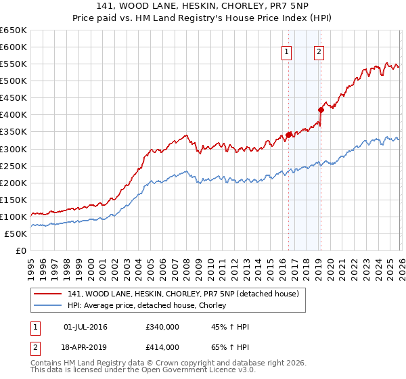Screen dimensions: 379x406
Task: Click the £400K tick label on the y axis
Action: (x=13, y=114)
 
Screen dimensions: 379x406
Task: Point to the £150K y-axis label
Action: (x=13, y=200)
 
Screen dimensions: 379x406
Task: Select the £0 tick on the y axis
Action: (x=21, y=250)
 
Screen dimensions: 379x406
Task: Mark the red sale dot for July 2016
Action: (x=288, y=135)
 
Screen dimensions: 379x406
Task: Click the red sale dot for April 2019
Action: (x=321, y=110)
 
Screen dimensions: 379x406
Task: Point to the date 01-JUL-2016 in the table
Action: (x=85, y=327)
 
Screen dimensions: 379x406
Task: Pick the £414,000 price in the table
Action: (x=162, y=347)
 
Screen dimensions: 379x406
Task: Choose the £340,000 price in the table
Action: (x=162, y=327)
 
